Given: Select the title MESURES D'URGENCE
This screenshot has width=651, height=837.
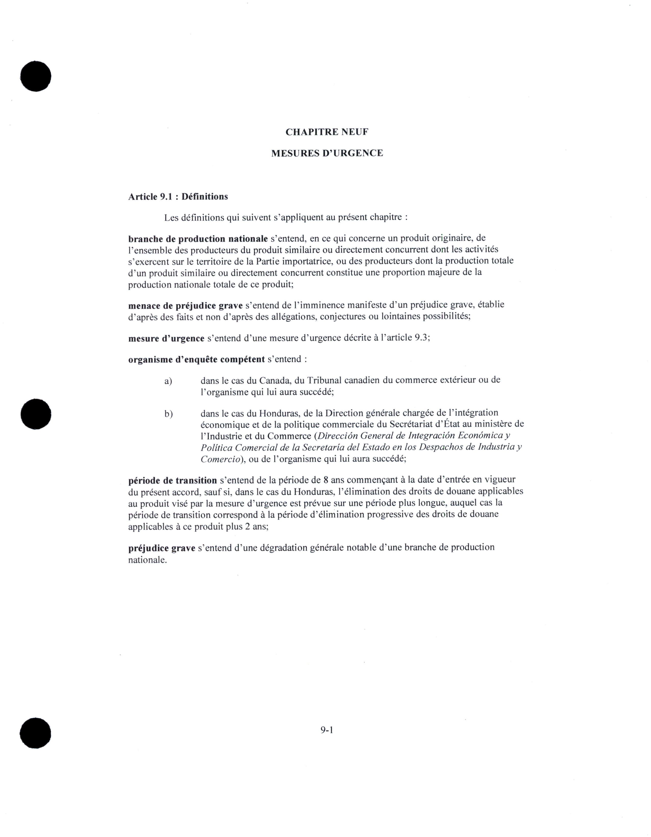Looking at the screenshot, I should tap(327, 153).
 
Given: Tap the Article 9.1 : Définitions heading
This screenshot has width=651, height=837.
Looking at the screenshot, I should tap(178, 197).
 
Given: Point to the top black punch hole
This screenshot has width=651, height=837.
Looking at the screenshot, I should tap(36, 76).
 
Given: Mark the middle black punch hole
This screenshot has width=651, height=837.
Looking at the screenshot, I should tap(36, 414).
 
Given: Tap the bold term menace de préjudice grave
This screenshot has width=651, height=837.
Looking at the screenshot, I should tap(185, 305).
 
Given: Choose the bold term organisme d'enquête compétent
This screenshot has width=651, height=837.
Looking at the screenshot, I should tap(196, 360).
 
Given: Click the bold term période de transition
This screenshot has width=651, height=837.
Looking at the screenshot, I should tap(173, 481).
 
